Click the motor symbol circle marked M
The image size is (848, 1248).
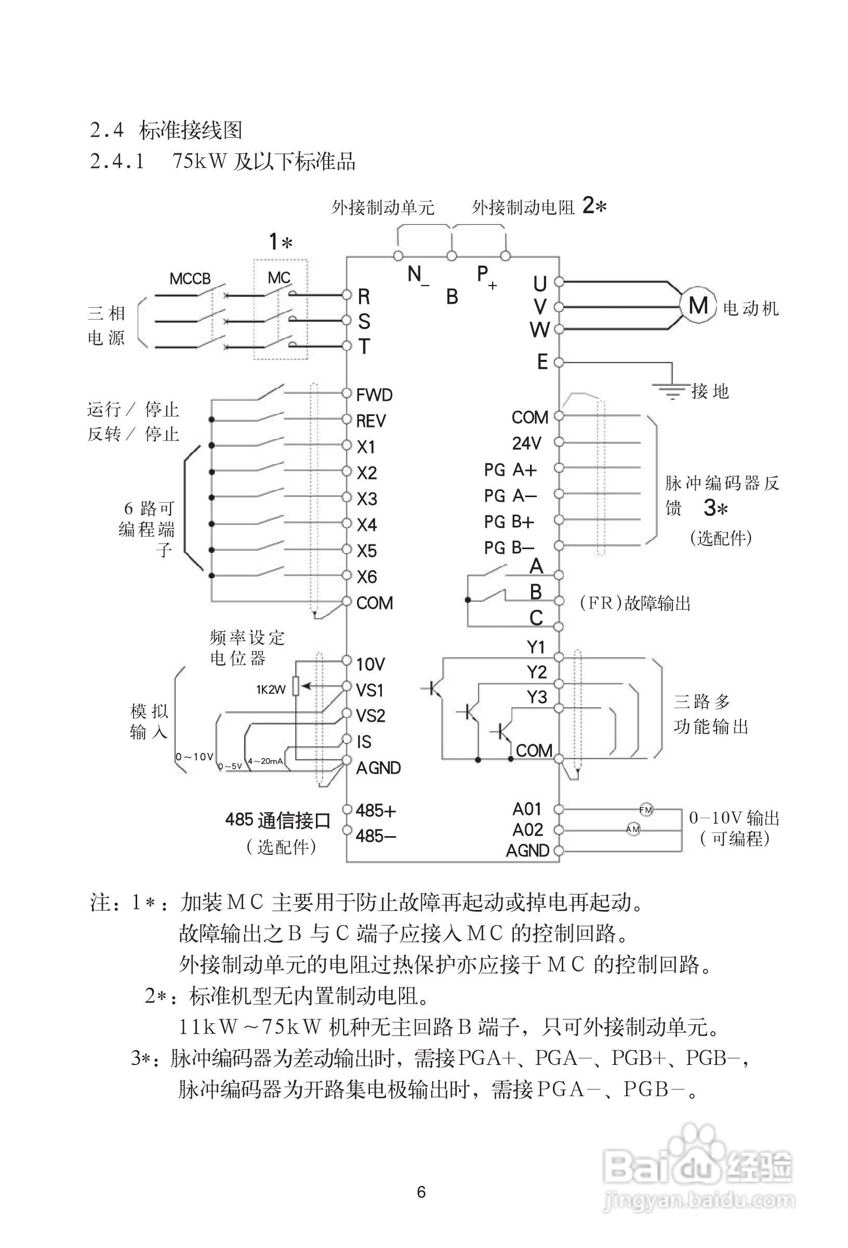pos(698,306)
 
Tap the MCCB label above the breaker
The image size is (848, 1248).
pos(190,279)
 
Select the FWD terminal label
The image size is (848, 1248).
pos(374,395)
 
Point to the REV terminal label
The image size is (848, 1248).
pos(371,421)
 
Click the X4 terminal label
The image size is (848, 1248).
pos(367,525)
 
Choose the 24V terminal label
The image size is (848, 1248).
pos(526,443)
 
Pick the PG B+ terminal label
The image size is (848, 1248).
pos(509,522)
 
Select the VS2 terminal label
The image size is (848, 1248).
pos(371,716)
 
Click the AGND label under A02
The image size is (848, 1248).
pos(527,851)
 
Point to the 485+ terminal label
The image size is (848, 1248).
pos(376,810)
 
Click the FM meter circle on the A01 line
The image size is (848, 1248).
pos(646,809)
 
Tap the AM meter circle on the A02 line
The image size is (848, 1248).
pos(633,830)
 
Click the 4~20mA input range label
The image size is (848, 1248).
pos(266,761)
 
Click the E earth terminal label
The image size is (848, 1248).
pos(542,362)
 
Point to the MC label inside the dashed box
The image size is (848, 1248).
pos(279,278)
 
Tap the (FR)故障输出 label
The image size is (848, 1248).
pos(635,604)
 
